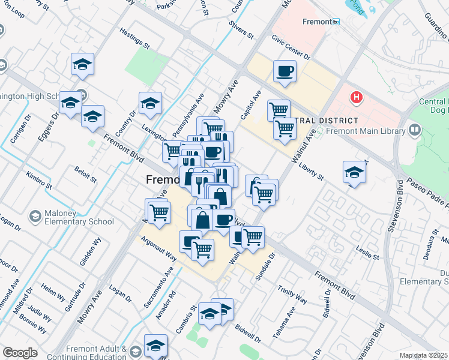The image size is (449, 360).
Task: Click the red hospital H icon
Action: [357, 97]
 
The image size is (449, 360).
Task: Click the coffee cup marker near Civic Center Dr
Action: [285, 71]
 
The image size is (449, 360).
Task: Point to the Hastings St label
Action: [134, 37]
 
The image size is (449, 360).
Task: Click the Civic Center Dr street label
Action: [291, 48]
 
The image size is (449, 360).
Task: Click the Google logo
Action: [20, 353]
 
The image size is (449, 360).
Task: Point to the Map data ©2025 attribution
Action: [424, 356]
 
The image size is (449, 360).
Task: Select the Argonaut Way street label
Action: [158, 247]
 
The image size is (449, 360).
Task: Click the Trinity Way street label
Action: [292, 295]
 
